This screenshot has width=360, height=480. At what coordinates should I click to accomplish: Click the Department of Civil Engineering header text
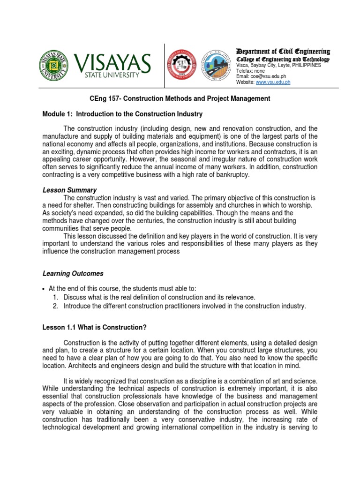pos(283,51)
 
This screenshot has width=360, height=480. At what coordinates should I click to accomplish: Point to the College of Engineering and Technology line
pos(283,60)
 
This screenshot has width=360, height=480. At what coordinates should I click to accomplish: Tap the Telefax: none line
pos(251,71)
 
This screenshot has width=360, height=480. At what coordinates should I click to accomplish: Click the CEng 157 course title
pos(180,98)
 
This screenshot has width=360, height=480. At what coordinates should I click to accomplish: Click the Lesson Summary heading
pos(69,190)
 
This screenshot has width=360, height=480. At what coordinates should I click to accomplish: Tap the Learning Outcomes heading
pos(73,273)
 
